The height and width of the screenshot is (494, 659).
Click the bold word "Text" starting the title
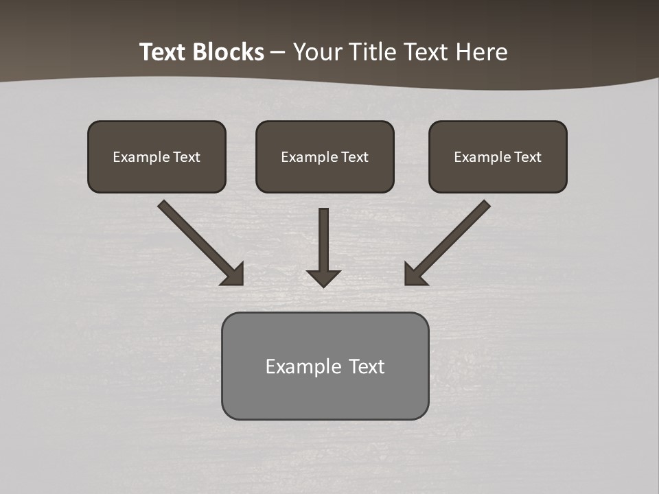(165, 52)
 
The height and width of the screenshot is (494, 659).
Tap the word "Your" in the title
(320, 52)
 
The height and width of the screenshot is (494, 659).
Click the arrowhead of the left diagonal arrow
(233, 274)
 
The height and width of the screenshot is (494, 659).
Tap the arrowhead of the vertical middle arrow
(323, 278)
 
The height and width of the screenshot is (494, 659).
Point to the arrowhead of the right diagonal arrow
(415, 274)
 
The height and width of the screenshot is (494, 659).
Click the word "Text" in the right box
(528, 157)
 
